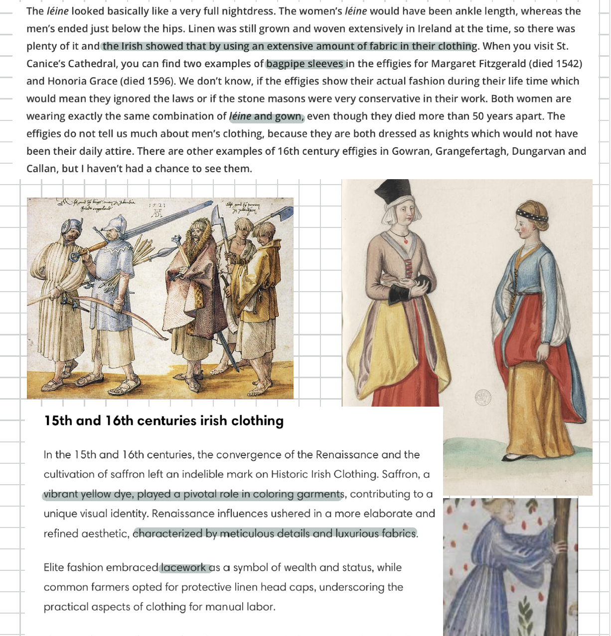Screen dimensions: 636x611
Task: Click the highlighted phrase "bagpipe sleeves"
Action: click(305, 64)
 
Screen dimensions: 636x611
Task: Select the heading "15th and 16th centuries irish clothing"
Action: click(163, 421)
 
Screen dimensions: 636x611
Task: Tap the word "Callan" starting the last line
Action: click(41, 169)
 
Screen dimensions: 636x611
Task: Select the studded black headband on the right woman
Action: click(532, 215)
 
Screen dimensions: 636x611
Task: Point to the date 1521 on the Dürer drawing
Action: click(157, 205)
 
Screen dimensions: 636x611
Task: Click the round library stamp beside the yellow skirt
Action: click(482, 397)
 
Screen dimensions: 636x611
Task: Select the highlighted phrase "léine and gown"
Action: click(266, 116)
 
